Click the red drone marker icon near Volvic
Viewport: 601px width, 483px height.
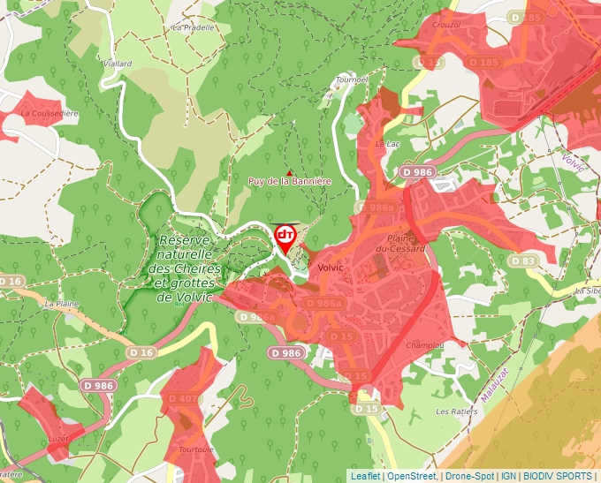pos(285,235)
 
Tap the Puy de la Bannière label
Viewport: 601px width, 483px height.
pos(289,181)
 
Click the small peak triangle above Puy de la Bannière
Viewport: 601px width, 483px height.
pos(289,171)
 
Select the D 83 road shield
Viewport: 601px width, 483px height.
pos(525,261)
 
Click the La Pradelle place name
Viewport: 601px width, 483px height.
pos(194,27)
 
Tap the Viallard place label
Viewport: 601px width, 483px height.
pos(118,64)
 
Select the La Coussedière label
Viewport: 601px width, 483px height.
pos(49,113)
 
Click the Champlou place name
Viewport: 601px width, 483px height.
pos(423,346)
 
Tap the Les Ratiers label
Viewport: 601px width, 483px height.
pos(455,411)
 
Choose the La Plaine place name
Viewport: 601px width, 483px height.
pos(62,303)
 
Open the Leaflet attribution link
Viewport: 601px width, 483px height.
pos(366,476)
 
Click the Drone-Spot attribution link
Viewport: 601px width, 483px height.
pos(469,476)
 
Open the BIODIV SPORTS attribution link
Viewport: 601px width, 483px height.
pos(558,476)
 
